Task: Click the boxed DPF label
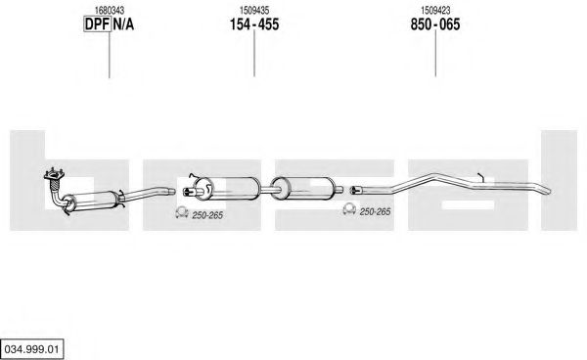(97, 24)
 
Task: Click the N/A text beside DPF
(123, 24)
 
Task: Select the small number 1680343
(110, 10)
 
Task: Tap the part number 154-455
(254, 24)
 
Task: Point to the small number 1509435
(254, 10)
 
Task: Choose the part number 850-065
(435, 24)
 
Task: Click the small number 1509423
(435, 10)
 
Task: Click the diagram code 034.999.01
(32, 349)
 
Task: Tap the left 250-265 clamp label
(207, 215)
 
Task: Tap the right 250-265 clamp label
(375, 212)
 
